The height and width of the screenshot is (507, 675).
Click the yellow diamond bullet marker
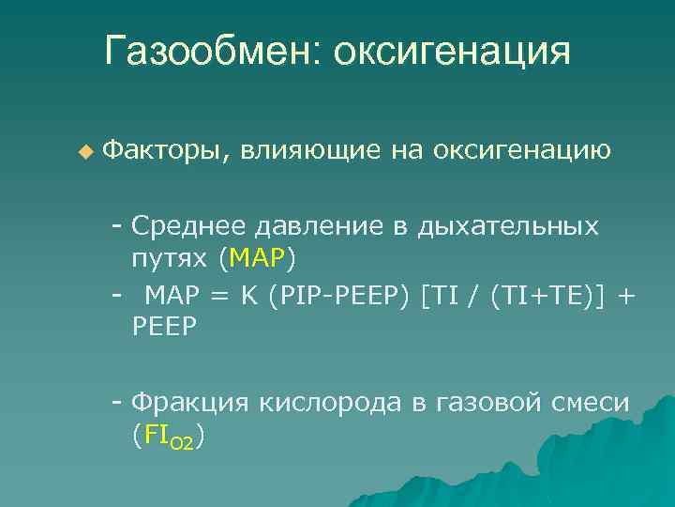point(86,150)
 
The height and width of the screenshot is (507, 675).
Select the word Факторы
point(165,149)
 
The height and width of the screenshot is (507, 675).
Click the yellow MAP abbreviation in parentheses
point(257,256)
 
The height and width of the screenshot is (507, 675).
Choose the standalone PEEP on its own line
point(165,327)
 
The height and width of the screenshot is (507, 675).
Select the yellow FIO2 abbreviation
point(168,435)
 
